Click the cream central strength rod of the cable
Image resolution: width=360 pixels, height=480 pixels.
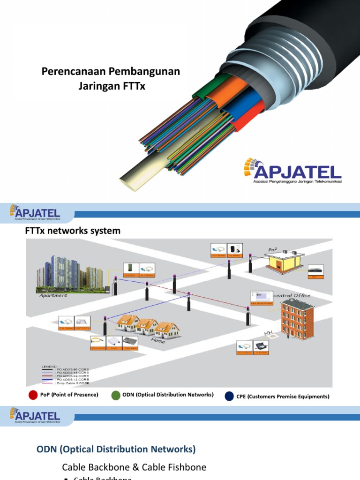point(141,172)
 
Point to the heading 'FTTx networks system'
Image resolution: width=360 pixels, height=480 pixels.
point(72,231)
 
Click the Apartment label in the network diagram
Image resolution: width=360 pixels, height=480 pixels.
point(53,295)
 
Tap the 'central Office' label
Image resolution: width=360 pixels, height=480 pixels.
point(291,295)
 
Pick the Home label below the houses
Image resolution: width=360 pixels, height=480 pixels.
point(158,341)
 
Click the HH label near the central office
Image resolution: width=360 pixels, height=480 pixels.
point(269,333)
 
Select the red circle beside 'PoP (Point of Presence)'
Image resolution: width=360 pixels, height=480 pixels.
point(33,395)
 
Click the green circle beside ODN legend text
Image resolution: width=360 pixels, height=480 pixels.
point(116,395)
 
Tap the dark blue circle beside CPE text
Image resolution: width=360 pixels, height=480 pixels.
point(229,397)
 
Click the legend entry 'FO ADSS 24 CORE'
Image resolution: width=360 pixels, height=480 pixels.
point(72,376)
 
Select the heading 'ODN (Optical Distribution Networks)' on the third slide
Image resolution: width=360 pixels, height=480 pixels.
point(116,449)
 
